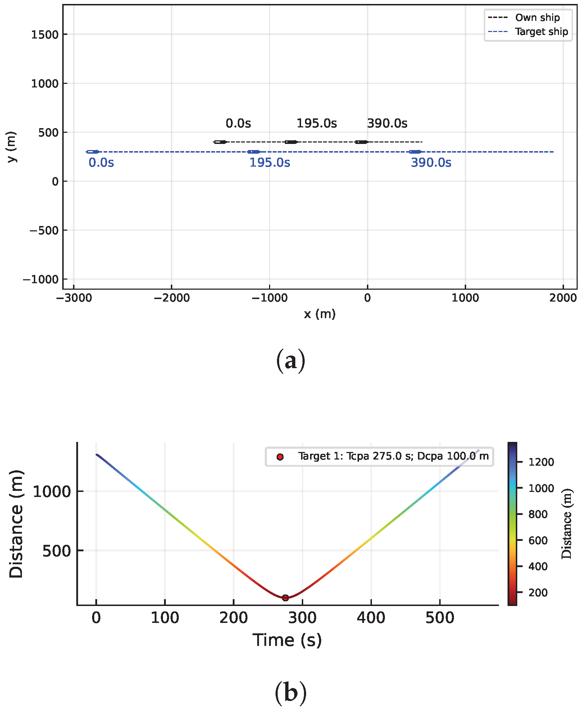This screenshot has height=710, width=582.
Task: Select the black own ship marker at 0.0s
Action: tap(220, 142)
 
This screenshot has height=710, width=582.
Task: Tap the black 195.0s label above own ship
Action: tap(317, 123)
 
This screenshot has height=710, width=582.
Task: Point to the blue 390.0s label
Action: tap(431, 163)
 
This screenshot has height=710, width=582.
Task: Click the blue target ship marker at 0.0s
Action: tap(93, 152)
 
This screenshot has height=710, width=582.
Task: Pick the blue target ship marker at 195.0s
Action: tap(254, 152)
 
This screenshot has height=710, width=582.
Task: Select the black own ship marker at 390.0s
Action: tap(362, 142)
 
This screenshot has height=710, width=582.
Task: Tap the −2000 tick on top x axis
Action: tap(172, 298)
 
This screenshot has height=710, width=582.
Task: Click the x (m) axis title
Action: tap(319, 314)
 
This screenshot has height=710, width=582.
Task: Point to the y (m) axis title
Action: tap(12, 147)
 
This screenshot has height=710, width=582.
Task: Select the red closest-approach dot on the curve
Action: tap(285, 598)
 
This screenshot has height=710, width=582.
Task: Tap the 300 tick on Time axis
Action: tap(302, 618)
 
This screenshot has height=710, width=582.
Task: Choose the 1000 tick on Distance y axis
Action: tap(52, 491)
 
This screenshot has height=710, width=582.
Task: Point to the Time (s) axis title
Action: tap(287, 640)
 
